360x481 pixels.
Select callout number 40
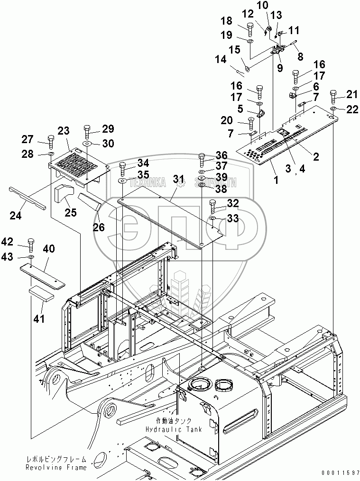tap(49, 248)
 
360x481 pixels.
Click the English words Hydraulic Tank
tap(174, 429)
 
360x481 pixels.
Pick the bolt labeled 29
tap(87, 131)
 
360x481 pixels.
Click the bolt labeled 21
tap(332, 97)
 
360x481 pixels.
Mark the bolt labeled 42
tap(31, 244)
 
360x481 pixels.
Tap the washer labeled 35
tap(122, 181)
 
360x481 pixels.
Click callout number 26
tap(98, 227)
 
